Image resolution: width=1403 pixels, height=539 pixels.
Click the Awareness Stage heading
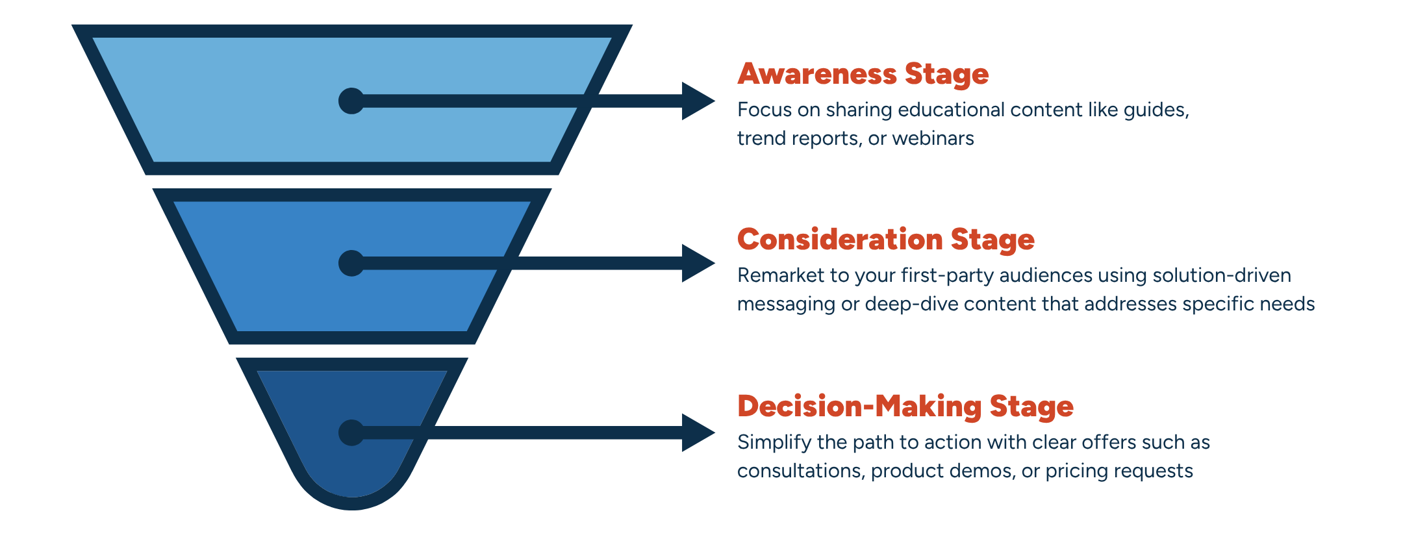[863, 74]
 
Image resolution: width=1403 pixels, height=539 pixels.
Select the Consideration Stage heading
[886, 240]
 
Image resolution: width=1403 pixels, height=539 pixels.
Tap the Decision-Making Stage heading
[905, 407]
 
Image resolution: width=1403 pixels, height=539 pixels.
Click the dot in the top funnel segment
[351, 101]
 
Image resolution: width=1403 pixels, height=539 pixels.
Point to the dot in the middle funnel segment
[351, 263]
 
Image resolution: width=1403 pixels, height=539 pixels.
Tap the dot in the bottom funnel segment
[351, 432]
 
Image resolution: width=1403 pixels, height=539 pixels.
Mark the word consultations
[801, 471]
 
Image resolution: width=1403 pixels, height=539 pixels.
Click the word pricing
[1073, 471]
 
